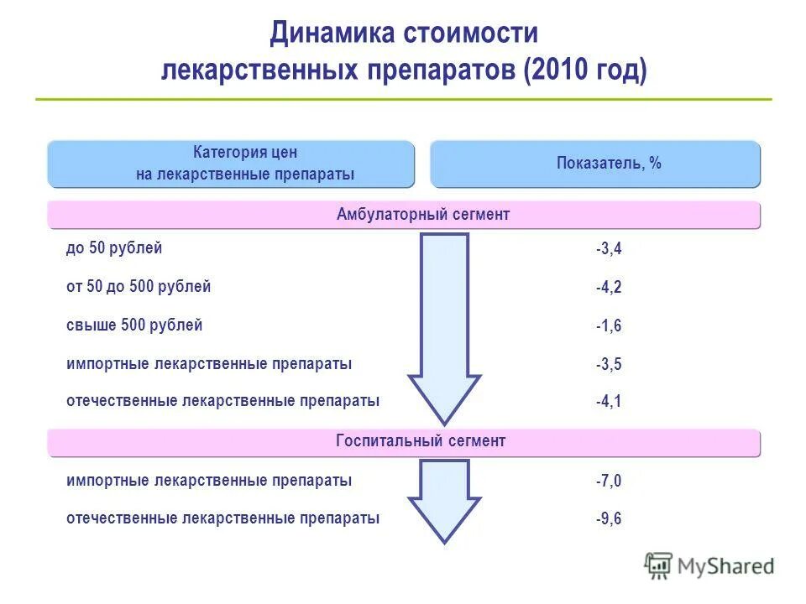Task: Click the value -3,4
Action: coord(609,248)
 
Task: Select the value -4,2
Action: coord(609,287)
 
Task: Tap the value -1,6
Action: coord(609,325)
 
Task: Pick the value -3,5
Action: coord(609,364)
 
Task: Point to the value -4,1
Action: coord(609,402)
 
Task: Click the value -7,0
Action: coord(609,481)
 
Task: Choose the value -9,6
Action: coord(609,518)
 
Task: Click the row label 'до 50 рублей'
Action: coord(114,247)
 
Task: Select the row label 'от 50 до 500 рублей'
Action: coord(139,286)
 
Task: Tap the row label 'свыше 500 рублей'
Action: coord(134,325)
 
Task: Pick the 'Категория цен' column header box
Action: coord(231,164)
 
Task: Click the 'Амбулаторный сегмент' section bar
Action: coord(404,215)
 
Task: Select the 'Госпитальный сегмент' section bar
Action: coord(404,441)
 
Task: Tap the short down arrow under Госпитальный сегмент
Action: coord(444,499)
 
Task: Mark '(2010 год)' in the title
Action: coord(584,70)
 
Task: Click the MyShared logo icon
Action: coord(659,565)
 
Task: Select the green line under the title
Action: coord(403,100)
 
